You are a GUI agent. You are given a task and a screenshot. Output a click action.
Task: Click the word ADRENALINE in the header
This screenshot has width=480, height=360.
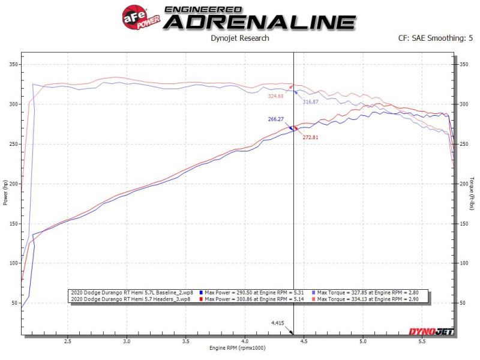(x=259, y=22)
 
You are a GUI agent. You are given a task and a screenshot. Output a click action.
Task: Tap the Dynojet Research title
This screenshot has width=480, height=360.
(x=240, y=38)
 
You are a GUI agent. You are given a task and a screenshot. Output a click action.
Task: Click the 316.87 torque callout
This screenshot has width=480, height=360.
(x=310, y=102)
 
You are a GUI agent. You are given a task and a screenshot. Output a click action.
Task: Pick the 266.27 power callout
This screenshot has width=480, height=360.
(x=276, y=119)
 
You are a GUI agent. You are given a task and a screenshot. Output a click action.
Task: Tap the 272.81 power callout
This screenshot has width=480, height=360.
(x=310, y=137)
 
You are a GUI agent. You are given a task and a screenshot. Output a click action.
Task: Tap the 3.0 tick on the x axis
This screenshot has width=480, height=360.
(x=127, y=340)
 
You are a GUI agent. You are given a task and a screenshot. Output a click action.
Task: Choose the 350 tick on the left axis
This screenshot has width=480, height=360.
(x=13, y=65)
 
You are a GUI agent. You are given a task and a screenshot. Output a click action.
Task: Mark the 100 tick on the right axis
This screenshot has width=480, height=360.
(x=463, y=263)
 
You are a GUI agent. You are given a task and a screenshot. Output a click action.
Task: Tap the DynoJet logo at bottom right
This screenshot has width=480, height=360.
(x=431, y=331)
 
